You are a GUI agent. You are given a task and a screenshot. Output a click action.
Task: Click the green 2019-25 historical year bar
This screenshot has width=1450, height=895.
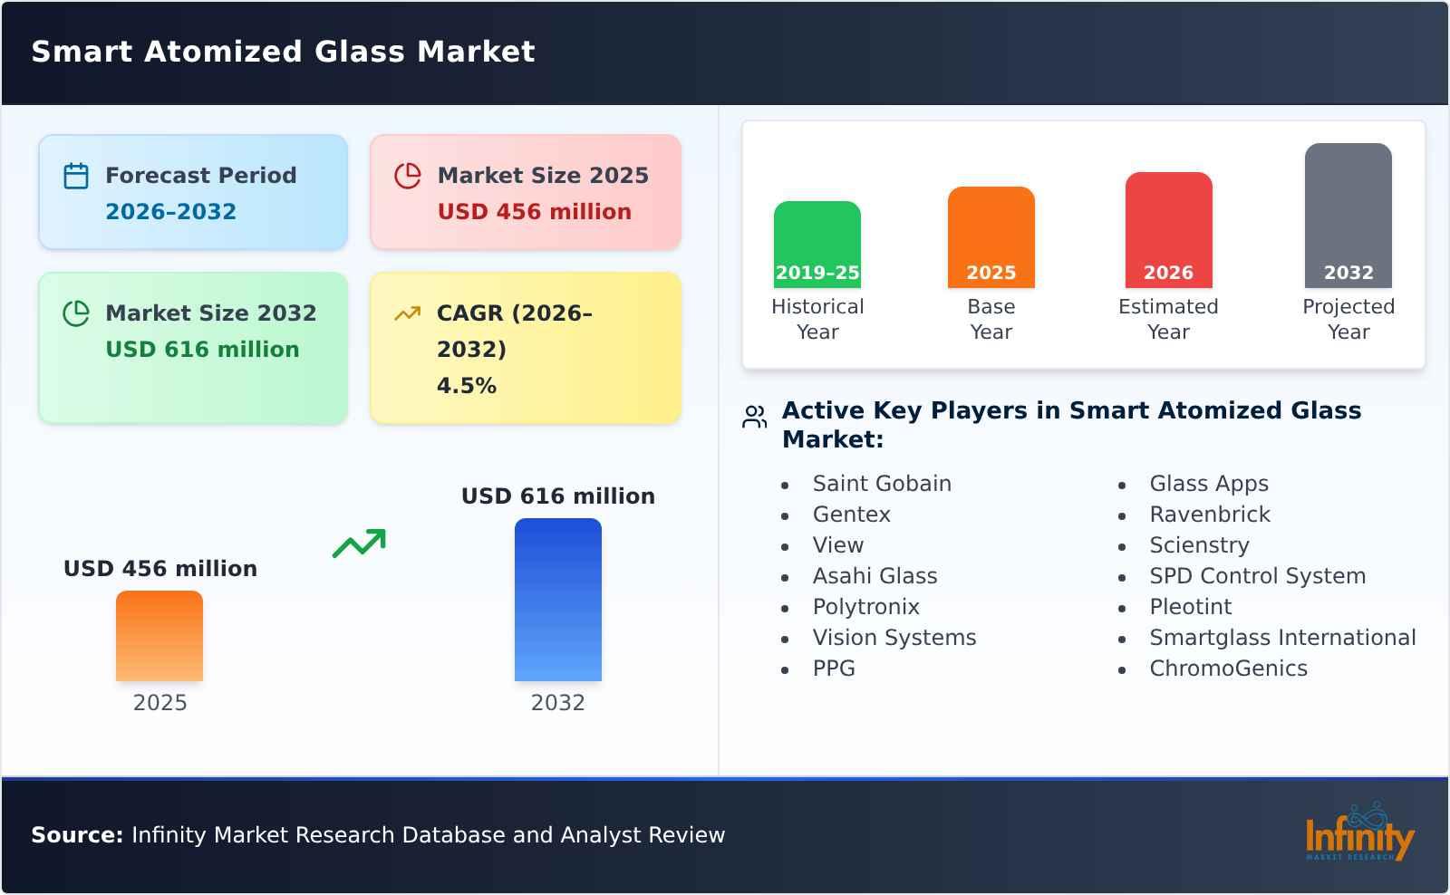pos(817,244)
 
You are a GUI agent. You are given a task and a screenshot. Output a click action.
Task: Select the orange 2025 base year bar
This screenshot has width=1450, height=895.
pos(991,236)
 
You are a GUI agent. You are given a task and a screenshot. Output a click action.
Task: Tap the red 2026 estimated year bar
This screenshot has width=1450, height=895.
pos(1168,229)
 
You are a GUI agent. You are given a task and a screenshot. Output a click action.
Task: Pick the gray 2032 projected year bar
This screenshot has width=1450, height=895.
pos(1348,215)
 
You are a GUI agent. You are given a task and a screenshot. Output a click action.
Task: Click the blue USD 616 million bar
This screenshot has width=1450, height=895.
pos(557,599)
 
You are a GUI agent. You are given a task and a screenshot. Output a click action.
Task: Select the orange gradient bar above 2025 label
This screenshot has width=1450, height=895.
pos(159,635)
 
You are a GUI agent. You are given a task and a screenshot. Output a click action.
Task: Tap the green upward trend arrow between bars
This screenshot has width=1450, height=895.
pos(359,544)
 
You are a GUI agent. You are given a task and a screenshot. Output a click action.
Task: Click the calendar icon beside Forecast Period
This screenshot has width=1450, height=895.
pos(76,176)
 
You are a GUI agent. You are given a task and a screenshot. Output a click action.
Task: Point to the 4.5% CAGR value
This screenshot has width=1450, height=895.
pos(466,386)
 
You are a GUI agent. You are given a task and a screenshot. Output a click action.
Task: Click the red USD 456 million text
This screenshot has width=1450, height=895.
pos(534,212)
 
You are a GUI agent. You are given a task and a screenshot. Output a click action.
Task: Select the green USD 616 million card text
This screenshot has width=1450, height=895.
pos(202,350)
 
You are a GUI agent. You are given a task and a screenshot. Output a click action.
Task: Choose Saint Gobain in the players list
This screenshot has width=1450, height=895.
pos(881,484)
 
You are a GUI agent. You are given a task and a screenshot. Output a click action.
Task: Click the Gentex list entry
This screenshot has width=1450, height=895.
pos(851,515)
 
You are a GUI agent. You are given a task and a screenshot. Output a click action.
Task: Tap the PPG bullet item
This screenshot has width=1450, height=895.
pos(833,669)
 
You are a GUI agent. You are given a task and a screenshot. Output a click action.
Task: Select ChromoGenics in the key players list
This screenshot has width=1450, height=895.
pos(1228,669)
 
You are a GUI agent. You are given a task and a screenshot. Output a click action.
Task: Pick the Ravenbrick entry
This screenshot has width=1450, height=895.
pos(1209,515)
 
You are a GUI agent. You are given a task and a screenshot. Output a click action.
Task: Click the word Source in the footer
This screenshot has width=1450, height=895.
pos(76,835)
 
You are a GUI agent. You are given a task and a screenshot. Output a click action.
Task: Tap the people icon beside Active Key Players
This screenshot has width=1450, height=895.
pos(754,417)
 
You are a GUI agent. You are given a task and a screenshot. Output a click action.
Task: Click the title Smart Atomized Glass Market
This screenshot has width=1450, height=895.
pos(283,52)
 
